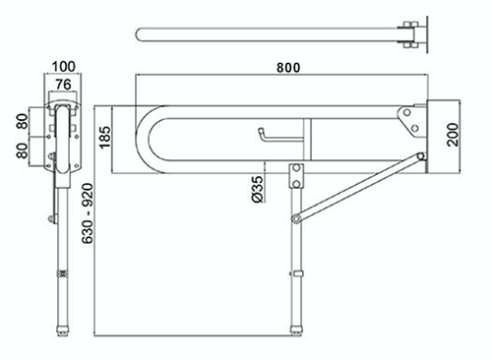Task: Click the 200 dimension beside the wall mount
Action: (454, 134)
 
